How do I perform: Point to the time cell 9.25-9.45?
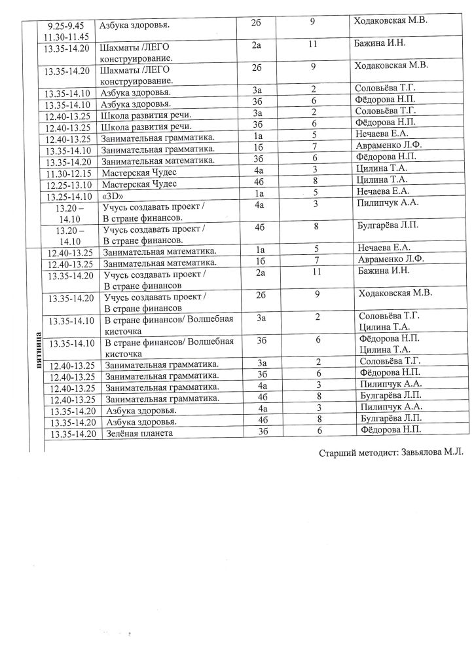tap(67, 25)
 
